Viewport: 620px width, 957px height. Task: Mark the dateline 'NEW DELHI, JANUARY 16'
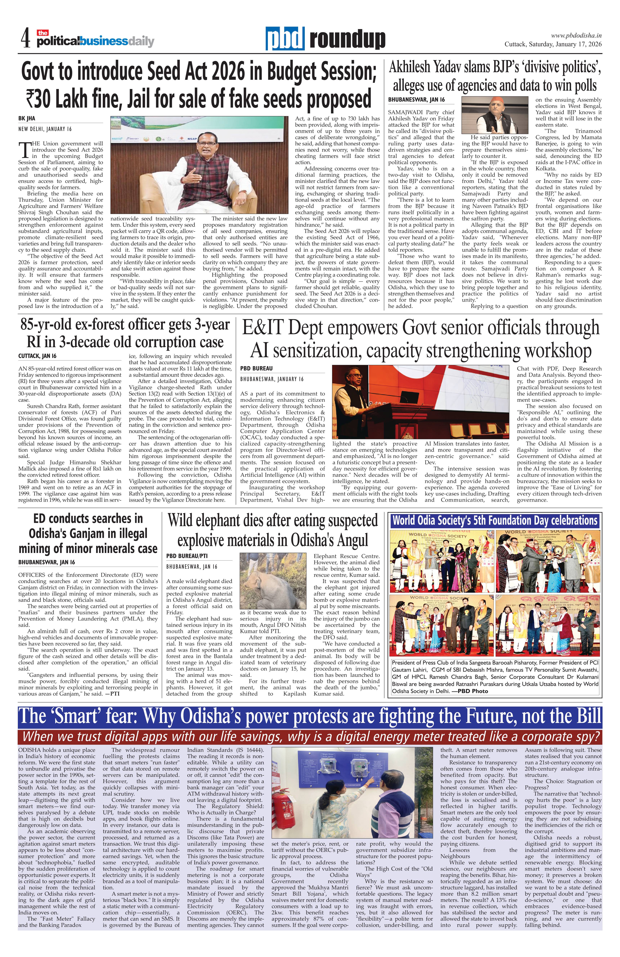[45, 129]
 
